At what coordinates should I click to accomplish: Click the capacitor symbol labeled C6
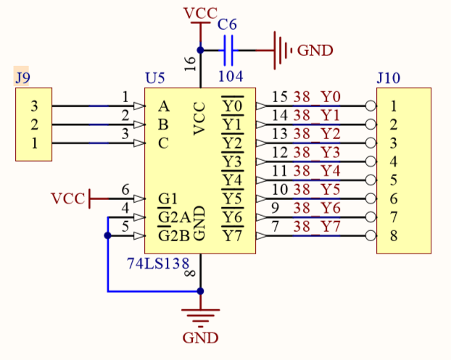pyautogui.click(x=229, y=50)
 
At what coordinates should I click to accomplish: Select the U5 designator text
pyautogui.click(x=155, y=78)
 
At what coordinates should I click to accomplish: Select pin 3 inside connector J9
pyautogui.click(x=34, y=106)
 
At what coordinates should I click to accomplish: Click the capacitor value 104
pyautogui.click(x=231, y=76)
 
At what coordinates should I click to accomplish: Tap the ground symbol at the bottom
pyautogui.click(x=201, y=316)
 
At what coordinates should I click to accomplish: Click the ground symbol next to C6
pyautogui.click(x=281, y=50)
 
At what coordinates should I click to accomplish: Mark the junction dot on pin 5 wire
pyautogui.click(x=108, y=235)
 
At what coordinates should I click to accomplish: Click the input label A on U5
pyautogui.click(x=163, y=106)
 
